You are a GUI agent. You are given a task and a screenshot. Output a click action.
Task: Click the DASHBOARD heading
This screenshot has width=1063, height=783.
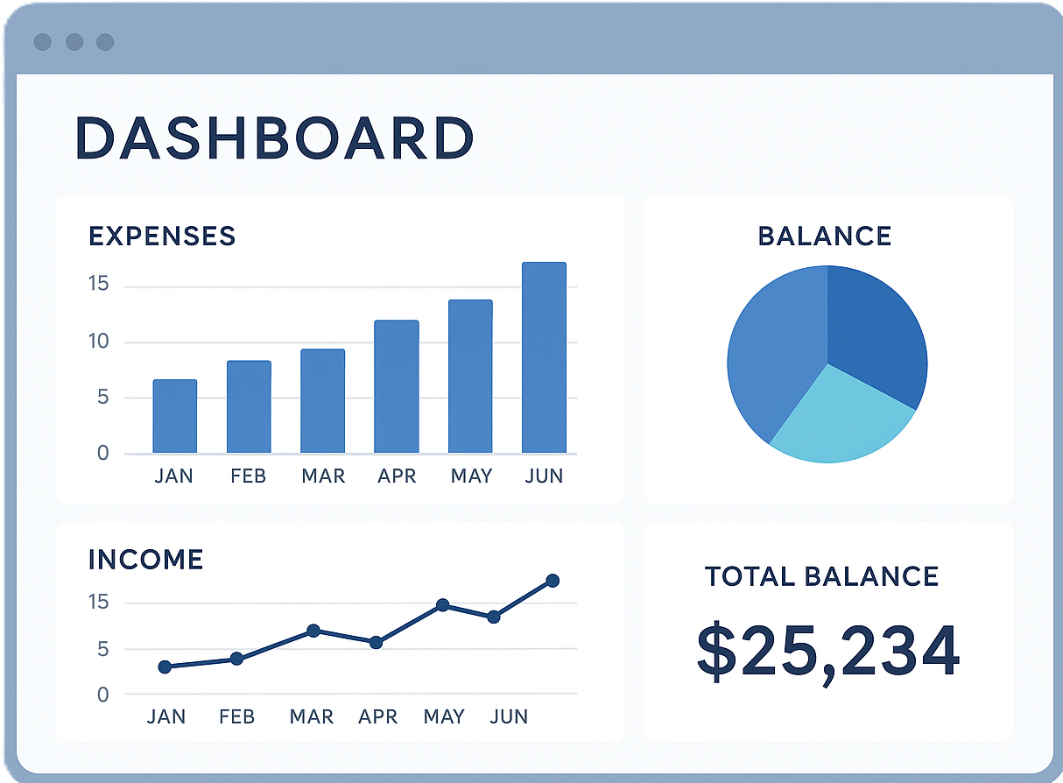(274, 138)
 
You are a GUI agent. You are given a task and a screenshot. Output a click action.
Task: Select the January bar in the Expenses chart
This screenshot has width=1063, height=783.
(175, 416)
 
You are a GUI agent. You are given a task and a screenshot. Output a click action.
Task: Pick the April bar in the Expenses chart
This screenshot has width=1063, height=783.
(397, 386)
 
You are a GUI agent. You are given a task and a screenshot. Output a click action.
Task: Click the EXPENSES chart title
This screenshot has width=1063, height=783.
(162, 236)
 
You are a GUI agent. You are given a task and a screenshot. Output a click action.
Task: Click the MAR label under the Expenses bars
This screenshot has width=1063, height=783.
(323, 476)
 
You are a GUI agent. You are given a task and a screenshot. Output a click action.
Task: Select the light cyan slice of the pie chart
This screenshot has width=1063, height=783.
(839, 417)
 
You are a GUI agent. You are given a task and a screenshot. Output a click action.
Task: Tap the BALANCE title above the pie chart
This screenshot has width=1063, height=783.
(824, 236)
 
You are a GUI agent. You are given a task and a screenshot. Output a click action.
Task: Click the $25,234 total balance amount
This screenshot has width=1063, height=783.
(827, 652)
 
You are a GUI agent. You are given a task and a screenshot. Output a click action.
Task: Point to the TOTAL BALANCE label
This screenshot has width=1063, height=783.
(821, 576)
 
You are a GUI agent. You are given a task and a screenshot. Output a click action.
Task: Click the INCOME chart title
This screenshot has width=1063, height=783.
(145, 559)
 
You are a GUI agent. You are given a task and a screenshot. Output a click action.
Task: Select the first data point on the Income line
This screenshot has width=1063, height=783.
(165, 667)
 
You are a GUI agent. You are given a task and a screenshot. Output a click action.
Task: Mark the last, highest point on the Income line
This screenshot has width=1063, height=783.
(553, 581)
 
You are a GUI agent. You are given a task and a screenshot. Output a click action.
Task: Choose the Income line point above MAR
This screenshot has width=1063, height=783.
(313, 631)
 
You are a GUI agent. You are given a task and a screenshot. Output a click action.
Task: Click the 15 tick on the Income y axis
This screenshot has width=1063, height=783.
(97, 603)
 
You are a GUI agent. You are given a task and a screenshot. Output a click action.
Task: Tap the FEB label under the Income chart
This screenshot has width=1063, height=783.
(236, 716)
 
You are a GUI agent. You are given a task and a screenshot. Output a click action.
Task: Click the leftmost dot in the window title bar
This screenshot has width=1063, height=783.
(42, 42)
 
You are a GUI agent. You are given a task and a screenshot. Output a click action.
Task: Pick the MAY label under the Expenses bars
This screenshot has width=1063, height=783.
(471, 476)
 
